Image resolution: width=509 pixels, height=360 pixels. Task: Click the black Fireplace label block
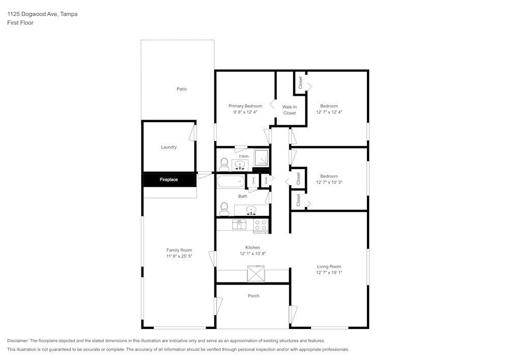click(x=168, y=180)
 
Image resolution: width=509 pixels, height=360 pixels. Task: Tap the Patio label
click(x=182, y=89)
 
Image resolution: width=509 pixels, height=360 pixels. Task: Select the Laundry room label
click(x=168, y=147)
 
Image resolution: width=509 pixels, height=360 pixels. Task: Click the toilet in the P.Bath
click(x=224, y=163)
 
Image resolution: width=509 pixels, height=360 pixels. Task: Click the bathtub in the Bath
click(x=231, y=181)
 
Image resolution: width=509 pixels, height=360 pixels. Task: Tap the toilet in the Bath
click(x=224, y=208)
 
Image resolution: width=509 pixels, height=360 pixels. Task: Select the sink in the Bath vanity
click(x=251, y=210)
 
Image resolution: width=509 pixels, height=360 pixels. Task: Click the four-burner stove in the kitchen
click(x=261, y=225)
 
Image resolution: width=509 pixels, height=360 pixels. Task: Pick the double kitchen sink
click(x=239, y=224)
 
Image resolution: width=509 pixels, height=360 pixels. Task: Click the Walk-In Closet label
click(x=290, y=110)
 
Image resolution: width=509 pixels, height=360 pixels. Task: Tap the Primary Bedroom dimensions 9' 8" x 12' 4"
click(x=245, y=112)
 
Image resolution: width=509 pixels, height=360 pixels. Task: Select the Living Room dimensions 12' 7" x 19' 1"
click(x=329, y=272)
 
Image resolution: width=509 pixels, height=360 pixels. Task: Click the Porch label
click(x=253, y=296)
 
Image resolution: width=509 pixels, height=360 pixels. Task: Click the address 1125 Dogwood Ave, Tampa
click(x=42, y=14)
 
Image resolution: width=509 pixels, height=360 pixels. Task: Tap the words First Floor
click(x=20, y=23)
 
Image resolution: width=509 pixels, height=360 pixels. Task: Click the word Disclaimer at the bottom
click(x=18, y=341)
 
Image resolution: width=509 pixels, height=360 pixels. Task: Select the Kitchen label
click(x=253, y=247)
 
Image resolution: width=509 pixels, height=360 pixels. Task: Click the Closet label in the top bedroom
click(x=300, y=82)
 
